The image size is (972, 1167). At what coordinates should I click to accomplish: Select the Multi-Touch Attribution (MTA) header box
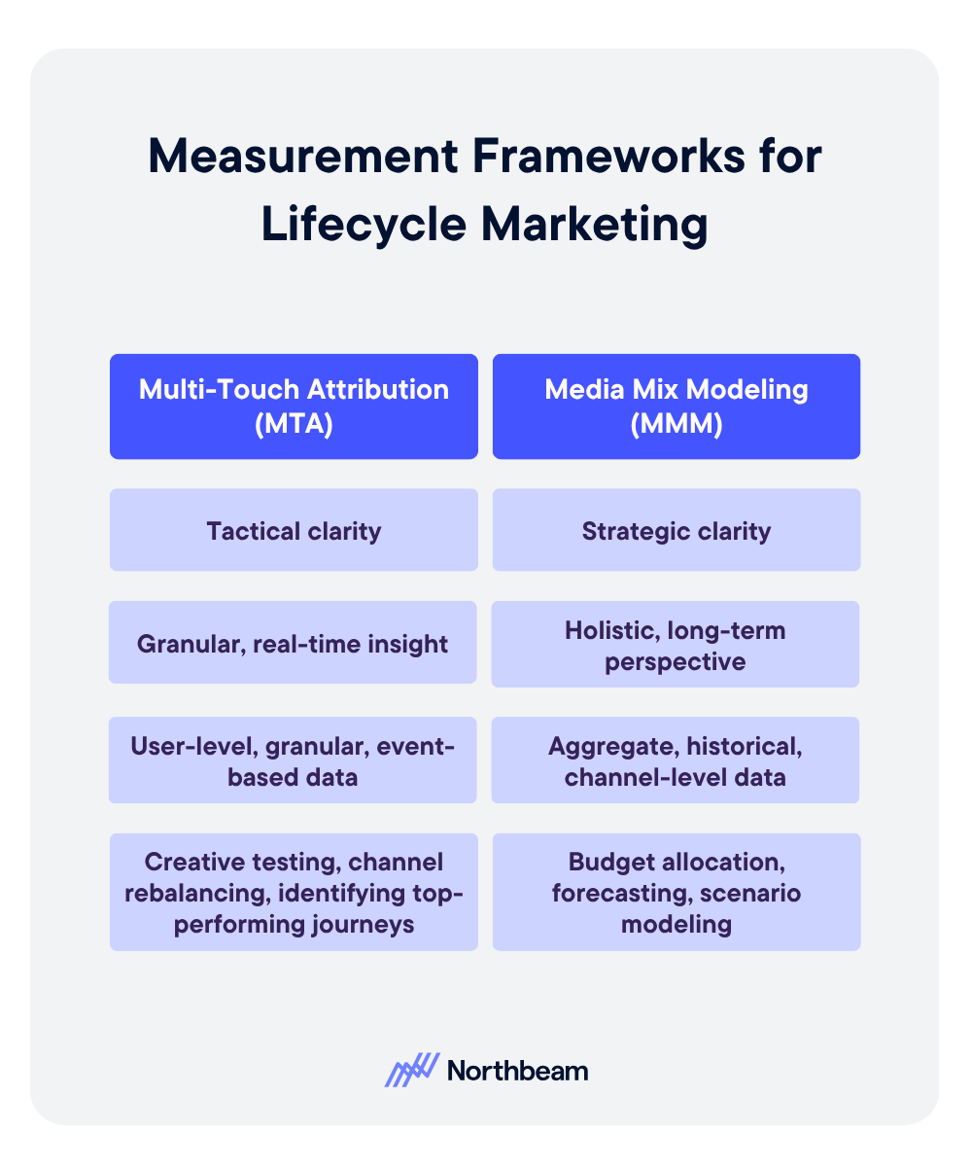pyautogui.click(x=294, y=406)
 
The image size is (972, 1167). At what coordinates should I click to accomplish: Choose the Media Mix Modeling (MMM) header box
pyautogui.click(x=677, y=406)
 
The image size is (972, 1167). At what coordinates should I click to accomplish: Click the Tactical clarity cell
pyautogui.click(x=294, y=530)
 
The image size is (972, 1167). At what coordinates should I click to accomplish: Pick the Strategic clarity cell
pyautogui.click(x=677, y=530)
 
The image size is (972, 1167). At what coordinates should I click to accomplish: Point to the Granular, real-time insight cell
pyautogui.click(x=294, y=643)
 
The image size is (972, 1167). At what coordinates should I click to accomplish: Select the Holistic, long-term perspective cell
pyautogui.click(x=676, y=645)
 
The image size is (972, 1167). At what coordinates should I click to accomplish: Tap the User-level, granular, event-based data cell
pyautogui.click(x=294, y=760)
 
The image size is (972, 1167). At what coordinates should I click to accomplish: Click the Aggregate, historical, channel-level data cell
pyautogui.click(x=676, y=760)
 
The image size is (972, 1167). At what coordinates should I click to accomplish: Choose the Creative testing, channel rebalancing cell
pyautogui.click(x=294, y=892)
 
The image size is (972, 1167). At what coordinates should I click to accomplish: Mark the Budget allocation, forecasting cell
pyautogui.click(x=677, y=892)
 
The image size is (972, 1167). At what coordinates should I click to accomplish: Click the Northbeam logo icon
pyautogui.click(x=412, y=1070)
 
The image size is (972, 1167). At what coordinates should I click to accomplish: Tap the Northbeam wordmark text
pyautogui.click(x=517, y=1071)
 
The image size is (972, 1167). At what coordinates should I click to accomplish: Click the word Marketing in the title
pyautogui.click(x=595, y=224)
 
